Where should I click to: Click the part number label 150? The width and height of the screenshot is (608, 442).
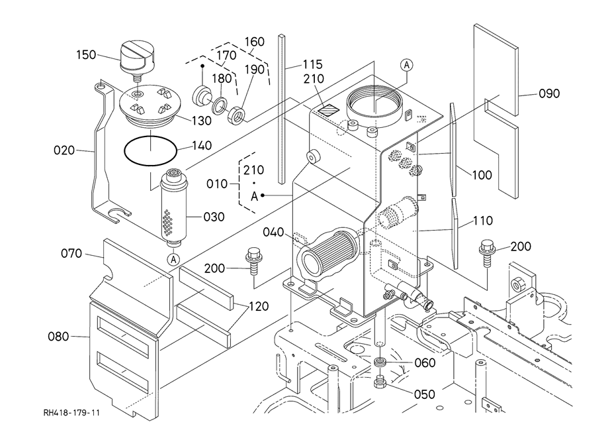point(86,54)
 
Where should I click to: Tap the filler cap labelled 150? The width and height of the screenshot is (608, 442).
point(136,57)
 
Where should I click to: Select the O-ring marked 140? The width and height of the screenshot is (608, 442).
point(151,150)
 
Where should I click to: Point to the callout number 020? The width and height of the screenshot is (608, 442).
point(64,150)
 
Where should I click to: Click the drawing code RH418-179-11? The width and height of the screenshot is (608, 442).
point(72,413)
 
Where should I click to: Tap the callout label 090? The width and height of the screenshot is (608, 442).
point(548,94)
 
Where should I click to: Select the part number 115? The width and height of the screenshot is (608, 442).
point(312,64)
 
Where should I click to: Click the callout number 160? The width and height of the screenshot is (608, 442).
point(254,42)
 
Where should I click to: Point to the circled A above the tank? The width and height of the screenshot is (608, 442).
point(406,64)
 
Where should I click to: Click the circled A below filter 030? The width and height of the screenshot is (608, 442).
point(173,259)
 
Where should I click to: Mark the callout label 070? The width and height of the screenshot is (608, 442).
point(71,253)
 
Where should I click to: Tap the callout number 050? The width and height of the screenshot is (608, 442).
point(423,394)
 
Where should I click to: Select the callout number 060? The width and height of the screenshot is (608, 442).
point(423,362)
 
